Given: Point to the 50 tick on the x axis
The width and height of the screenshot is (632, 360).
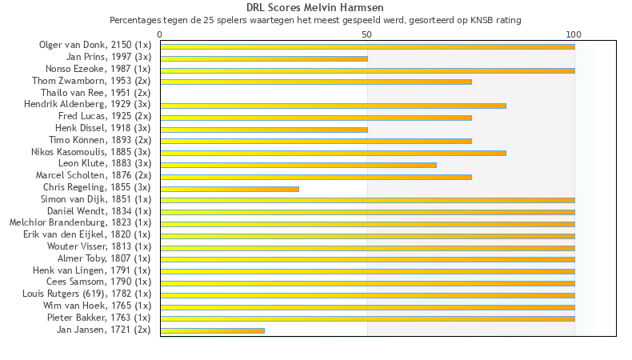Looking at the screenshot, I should click(367, 34).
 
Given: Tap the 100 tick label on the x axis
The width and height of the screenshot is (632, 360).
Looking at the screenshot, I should click(574, 34).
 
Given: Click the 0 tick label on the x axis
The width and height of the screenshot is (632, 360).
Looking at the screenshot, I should click(160, 34).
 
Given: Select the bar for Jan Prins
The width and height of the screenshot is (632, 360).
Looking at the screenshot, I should click(264, 58).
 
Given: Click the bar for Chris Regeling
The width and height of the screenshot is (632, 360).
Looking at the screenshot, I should click(230, 189).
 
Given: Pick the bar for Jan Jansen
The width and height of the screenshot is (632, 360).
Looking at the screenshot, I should click(212, 330).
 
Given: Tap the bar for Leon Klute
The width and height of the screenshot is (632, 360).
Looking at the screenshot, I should click(298, 165).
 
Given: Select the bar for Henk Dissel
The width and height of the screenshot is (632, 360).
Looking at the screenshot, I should click(264, 130).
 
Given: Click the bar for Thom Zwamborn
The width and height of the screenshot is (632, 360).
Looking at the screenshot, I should click(316, 82).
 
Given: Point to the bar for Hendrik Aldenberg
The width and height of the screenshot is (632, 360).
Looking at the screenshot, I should click(333, 106).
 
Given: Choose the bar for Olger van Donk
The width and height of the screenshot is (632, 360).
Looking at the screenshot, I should click(367, 46).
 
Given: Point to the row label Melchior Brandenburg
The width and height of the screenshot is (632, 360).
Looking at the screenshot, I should click(80, 222).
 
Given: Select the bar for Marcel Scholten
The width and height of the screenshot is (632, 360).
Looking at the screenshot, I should click(316, 177).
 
